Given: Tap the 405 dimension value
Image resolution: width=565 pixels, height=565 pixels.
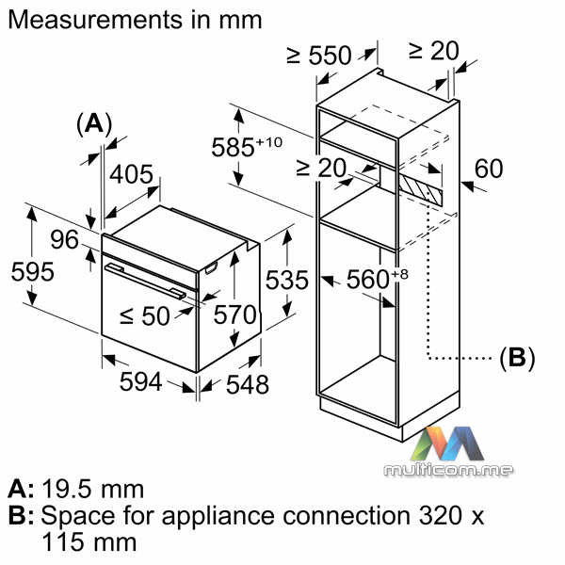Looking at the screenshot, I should coord(132,175).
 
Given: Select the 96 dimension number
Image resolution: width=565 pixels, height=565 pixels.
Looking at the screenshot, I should coord(63,239).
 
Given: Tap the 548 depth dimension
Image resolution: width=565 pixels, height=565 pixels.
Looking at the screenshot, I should coord(248,384).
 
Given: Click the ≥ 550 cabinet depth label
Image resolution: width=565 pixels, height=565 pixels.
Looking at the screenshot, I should coord(320,56).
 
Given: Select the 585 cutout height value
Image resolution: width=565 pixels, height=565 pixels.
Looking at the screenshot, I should coord(251,148).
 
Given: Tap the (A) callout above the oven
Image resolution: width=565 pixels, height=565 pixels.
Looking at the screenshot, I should coord(93,122).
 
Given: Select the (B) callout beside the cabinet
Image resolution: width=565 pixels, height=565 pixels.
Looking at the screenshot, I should coord(516,357).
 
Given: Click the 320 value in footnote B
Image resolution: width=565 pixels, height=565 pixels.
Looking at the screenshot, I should coord(434,516).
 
